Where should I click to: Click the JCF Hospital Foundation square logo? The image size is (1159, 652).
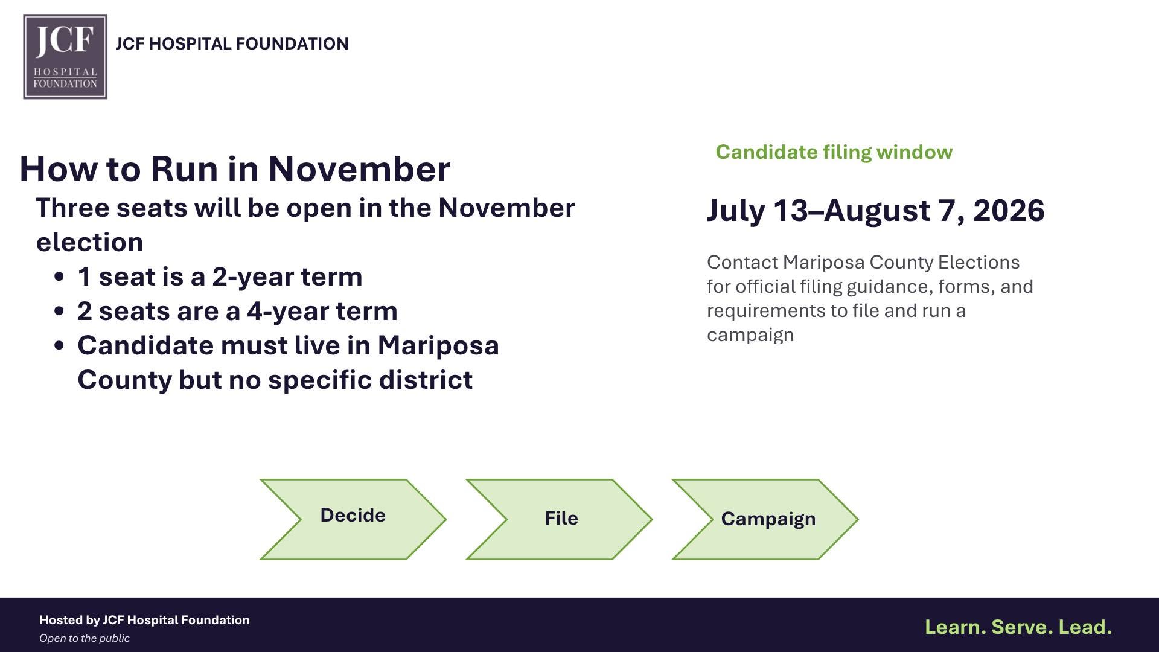(65, 57)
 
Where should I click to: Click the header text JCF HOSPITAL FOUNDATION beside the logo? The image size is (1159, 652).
(232, 44)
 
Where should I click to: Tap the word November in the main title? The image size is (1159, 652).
(359, 168)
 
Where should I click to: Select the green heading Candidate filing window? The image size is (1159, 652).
(834, 152)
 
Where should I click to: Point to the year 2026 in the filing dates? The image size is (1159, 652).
(1009, 211)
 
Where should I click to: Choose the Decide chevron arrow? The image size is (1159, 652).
(353, 519)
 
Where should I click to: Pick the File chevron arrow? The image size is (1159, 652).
(559, 519)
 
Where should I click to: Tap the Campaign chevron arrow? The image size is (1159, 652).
(765, 519)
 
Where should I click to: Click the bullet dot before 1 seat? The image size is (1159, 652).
(59, 277)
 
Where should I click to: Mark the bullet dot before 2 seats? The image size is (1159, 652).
(59, 312)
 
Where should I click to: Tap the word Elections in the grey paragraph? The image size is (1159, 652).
(979, 262)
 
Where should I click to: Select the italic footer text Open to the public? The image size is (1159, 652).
(85, 638)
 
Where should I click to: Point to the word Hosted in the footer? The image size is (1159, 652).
(61, 620)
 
